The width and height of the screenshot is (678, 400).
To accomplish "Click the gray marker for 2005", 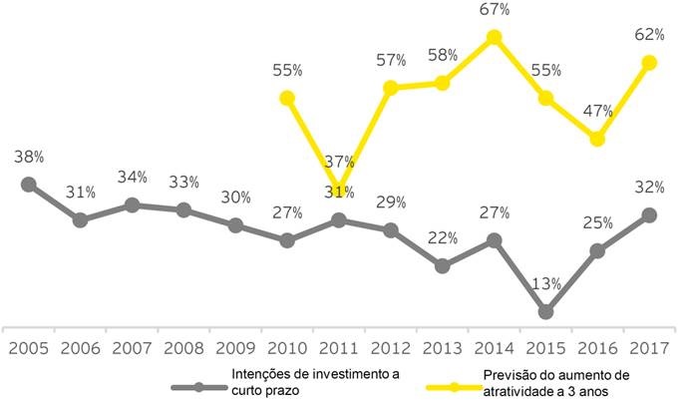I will coord(29,184).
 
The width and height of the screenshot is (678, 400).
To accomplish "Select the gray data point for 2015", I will coord(545,312).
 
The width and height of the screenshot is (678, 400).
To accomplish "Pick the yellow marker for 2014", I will coord(494,38).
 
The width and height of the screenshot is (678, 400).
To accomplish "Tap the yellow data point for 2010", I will coord(287,98).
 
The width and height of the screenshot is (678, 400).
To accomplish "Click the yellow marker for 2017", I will coord(649,63).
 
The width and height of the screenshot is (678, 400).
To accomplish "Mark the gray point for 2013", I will coord(443,266).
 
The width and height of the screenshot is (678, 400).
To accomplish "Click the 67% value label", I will coord(495,10).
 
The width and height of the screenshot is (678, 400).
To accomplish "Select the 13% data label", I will coord(546,283).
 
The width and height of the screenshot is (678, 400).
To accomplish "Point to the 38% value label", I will coord(30,157).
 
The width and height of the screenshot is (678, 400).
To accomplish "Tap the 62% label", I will coord(650,35).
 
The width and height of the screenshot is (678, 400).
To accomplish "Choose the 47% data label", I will coord(597,111).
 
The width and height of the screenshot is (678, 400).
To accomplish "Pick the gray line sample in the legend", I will coord(198,385).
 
